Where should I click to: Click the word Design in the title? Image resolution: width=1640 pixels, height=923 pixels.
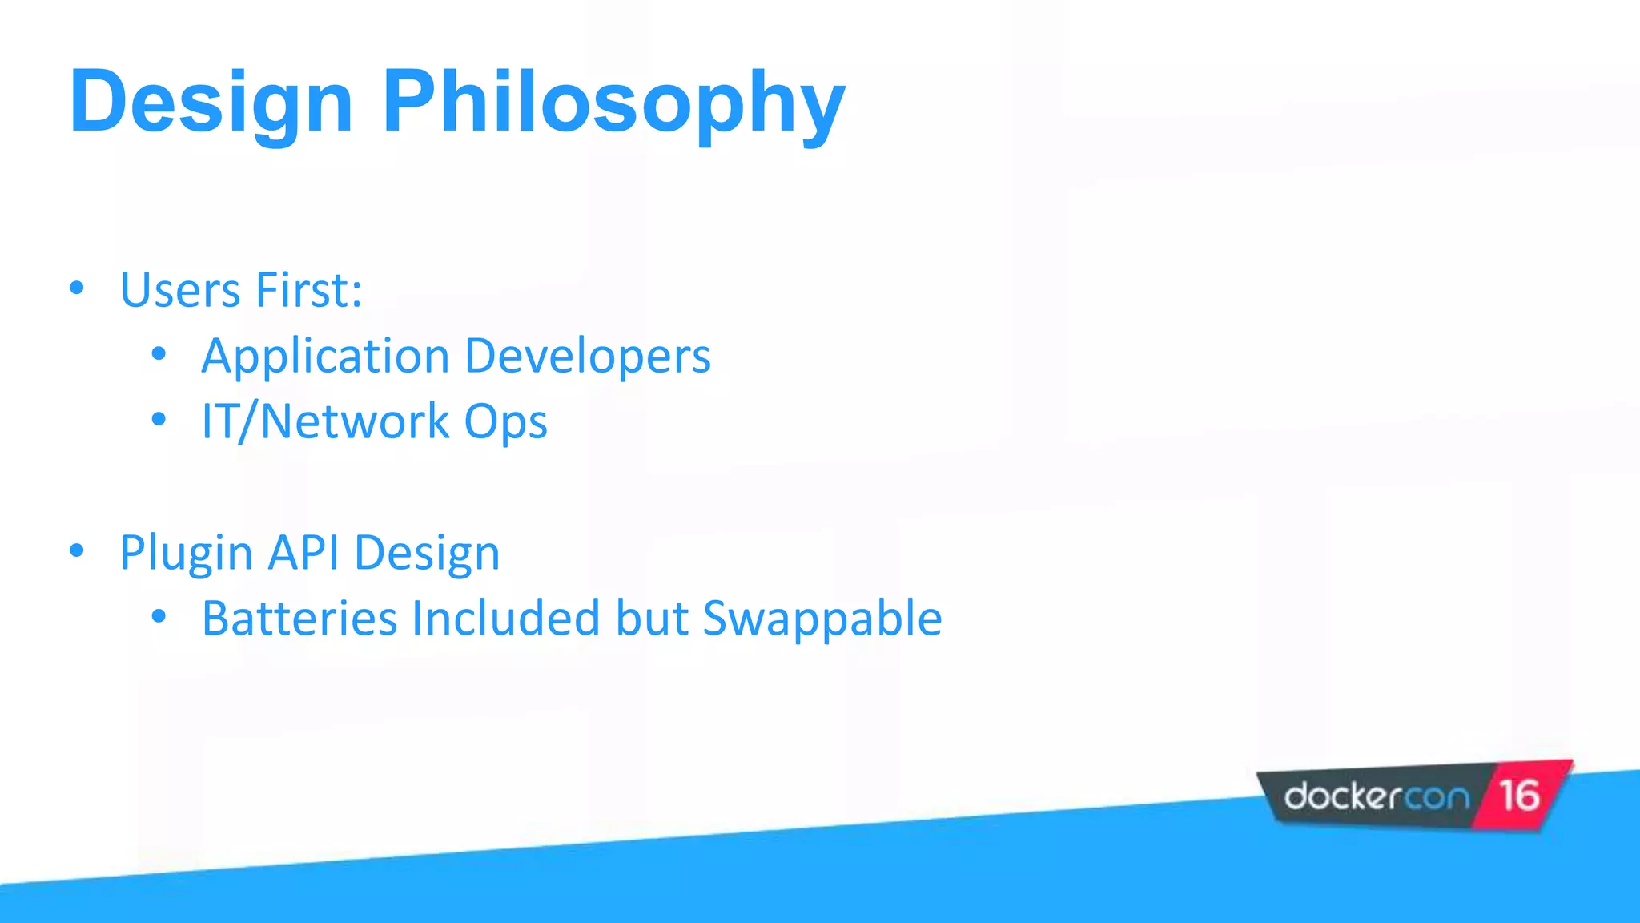(211, 103)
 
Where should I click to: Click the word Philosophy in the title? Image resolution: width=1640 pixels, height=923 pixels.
(613, 103)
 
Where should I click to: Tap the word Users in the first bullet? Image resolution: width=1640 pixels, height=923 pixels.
(179, 289)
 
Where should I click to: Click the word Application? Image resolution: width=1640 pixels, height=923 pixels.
(325, 357)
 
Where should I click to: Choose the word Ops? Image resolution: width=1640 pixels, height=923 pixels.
(505, 422)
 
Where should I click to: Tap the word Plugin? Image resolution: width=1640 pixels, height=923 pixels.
(187, 554)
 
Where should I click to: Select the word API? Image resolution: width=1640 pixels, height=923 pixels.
(304, 552)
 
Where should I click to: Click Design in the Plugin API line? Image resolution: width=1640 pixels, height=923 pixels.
(427, 554)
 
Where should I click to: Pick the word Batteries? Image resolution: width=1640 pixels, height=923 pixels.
(299, 618)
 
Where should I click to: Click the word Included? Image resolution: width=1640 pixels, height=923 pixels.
(505, 618)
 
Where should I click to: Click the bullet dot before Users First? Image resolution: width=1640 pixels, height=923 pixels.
(77, 288)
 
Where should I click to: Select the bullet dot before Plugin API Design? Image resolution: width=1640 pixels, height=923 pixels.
(77, 550)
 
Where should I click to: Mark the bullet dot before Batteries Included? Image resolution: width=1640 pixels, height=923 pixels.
(159, 616)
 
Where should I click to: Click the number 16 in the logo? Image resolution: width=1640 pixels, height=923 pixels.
(1519, 796)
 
